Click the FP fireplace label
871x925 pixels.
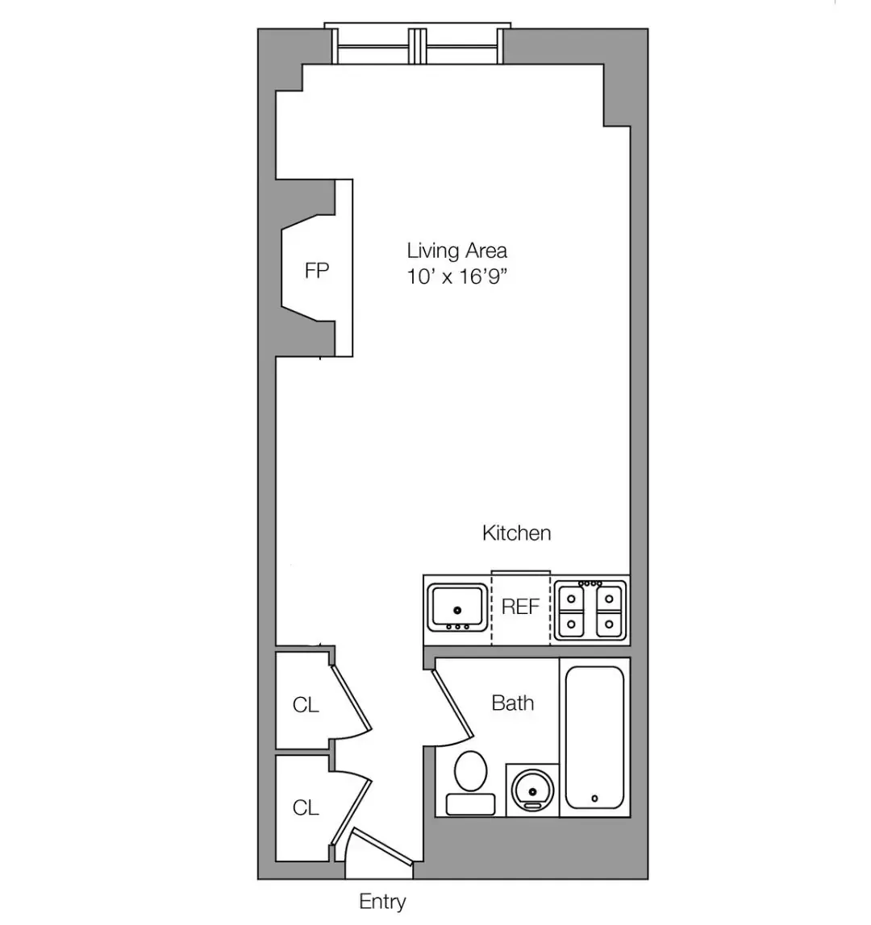[317, 271]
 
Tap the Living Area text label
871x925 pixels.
[456, 251]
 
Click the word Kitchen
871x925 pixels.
[516, 533]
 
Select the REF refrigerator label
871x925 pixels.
[520, 607]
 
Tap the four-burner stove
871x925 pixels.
[591, 609]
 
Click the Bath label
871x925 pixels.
[513, 703]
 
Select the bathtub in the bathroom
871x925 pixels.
[594, 736]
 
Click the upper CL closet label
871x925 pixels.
[306, 705]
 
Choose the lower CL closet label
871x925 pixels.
[306, 807]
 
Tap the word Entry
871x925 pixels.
[382, 902]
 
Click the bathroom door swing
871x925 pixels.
[452, 705]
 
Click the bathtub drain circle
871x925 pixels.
[594, 798]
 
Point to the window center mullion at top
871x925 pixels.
[417, 45]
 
